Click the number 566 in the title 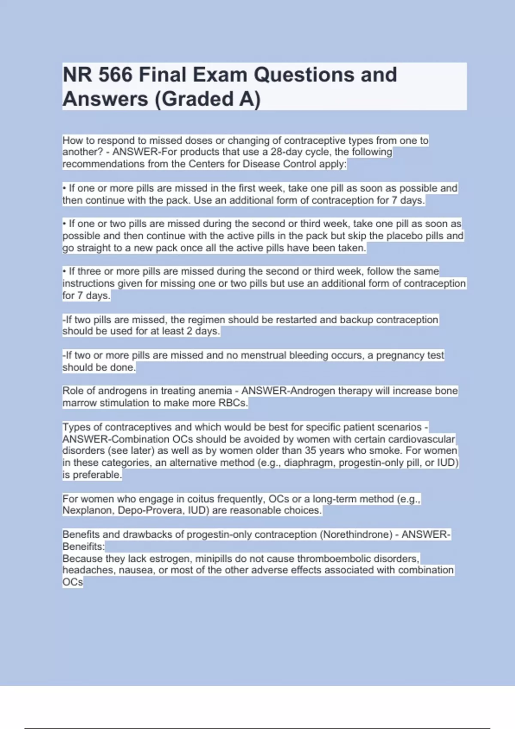[x=115, y=75]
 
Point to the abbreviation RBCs [x=233, y=403]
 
